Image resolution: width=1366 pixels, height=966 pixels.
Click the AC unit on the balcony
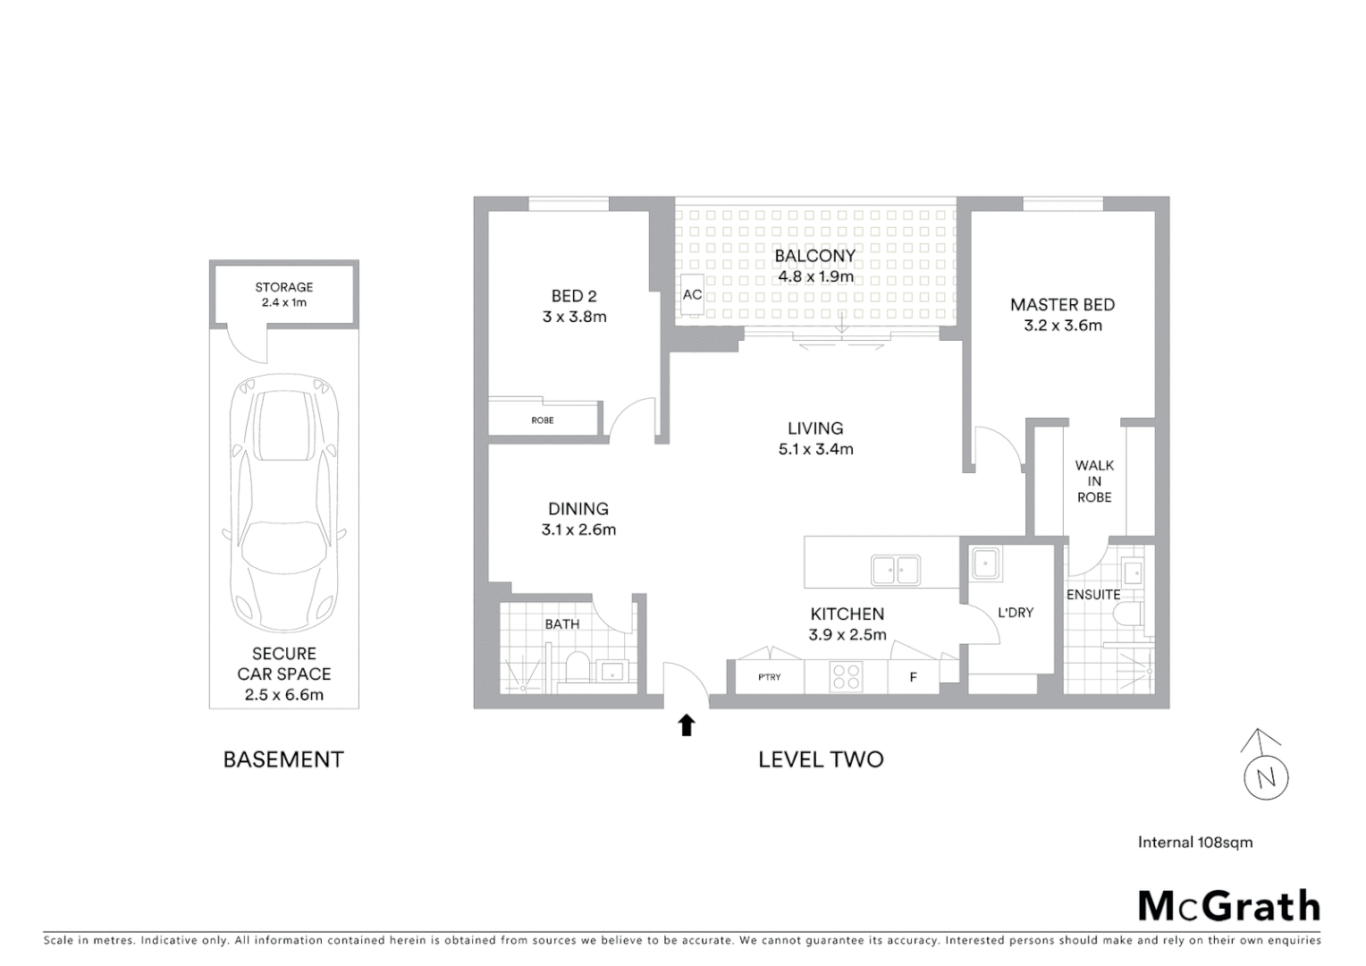coord(691,294)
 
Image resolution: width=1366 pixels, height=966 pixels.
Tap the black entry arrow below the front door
coord(687,724)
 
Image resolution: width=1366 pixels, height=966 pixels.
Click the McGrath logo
coord(1228,906)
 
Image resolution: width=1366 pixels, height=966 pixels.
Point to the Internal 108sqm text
coord(1194,842)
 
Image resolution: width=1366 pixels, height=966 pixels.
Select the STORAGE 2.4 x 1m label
coord(284,294)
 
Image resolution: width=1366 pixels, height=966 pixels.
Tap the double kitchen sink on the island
coord(895,570)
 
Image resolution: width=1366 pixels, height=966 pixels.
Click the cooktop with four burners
coord(846,675)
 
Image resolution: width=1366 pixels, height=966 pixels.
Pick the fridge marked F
coord(913,677)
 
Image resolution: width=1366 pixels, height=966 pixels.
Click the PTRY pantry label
coord(769,677)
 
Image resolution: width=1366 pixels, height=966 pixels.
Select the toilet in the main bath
coord(578,669)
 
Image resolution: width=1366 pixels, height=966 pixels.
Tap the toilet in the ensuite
coord(1127,615)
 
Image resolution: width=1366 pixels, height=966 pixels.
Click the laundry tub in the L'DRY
coord(987,563)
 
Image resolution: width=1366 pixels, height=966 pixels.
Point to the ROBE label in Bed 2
coord(543,419)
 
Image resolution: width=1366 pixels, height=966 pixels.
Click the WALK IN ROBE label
coord(1094,481)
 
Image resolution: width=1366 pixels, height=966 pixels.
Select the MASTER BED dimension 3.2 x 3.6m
coord(1063,326)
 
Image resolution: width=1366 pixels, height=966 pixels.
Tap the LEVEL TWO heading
coord(821,759)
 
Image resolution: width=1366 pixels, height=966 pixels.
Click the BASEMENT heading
coord(283,759)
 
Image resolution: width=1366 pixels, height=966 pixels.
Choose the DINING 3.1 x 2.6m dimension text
coord(578,530)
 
